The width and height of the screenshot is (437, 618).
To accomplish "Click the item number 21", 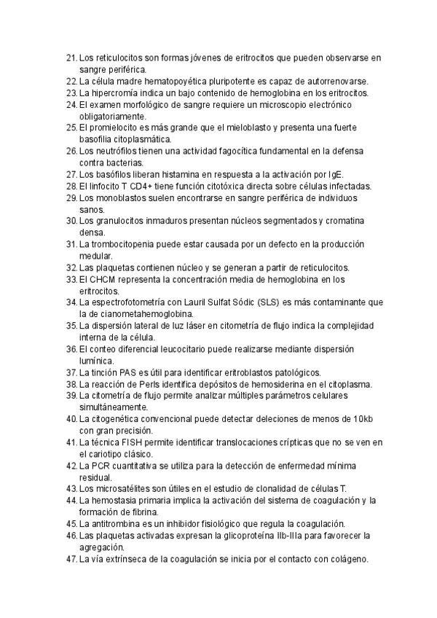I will tap(71, 57).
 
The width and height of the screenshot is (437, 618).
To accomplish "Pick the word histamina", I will tap(183, 174).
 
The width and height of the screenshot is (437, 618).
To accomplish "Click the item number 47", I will tap(71, 559).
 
